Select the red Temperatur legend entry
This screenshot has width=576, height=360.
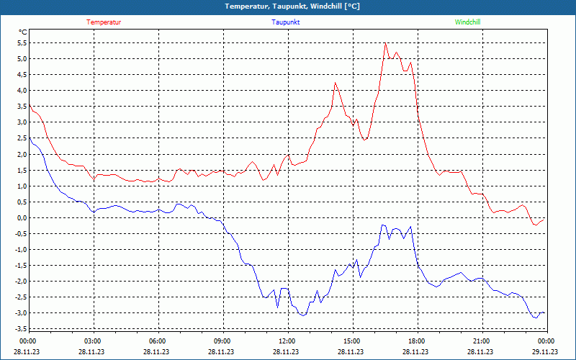(104, 22)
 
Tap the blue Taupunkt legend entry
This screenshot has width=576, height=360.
(286, 22)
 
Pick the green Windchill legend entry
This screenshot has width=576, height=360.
(467, 22)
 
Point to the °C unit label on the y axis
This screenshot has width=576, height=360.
(22, 32)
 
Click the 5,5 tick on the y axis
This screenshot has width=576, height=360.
(22, 42)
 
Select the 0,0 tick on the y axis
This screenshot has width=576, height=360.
(22, 217)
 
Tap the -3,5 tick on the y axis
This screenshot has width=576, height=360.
(20, 329)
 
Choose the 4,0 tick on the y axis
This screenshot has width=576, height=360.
(22, 90)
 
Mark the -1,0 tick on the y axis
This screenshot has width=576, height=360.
(20, 249)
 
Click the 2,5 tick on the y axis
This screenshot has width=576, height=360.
(22, 138)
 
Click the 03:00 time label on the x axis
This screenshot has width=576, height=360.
(93, 341)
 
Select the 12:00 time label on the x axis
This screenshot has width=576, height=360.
(287, 341)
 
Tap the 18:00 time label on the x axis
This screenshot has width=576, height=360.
(416, 341)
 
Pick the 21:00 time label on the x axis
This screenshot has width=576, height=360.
(481, 341)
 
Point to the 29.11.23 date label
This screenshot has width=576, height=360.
(545, 351)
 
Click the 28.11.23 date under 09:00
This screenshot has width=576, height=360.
(222, 351)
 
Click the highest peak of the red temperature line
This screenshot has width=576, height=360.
(385, 43)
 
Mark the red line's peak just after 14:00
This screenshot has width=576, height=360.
(335, 83)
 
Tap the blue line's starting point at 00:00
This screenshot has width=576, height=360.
(29, 138)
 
